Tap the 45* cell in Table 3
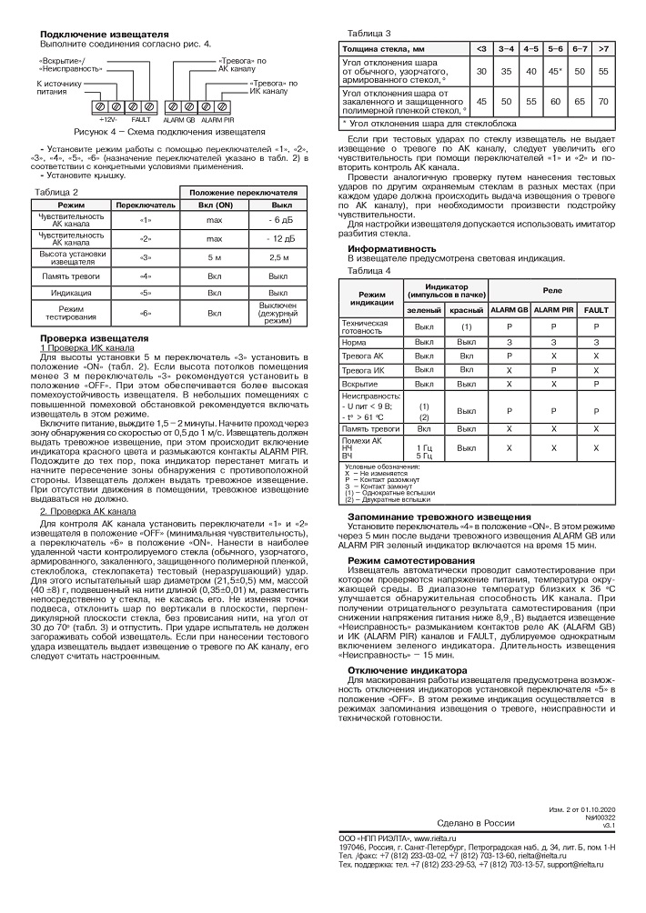555,70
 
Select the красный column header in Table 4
465,310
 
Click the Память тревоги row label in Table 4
368,426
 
